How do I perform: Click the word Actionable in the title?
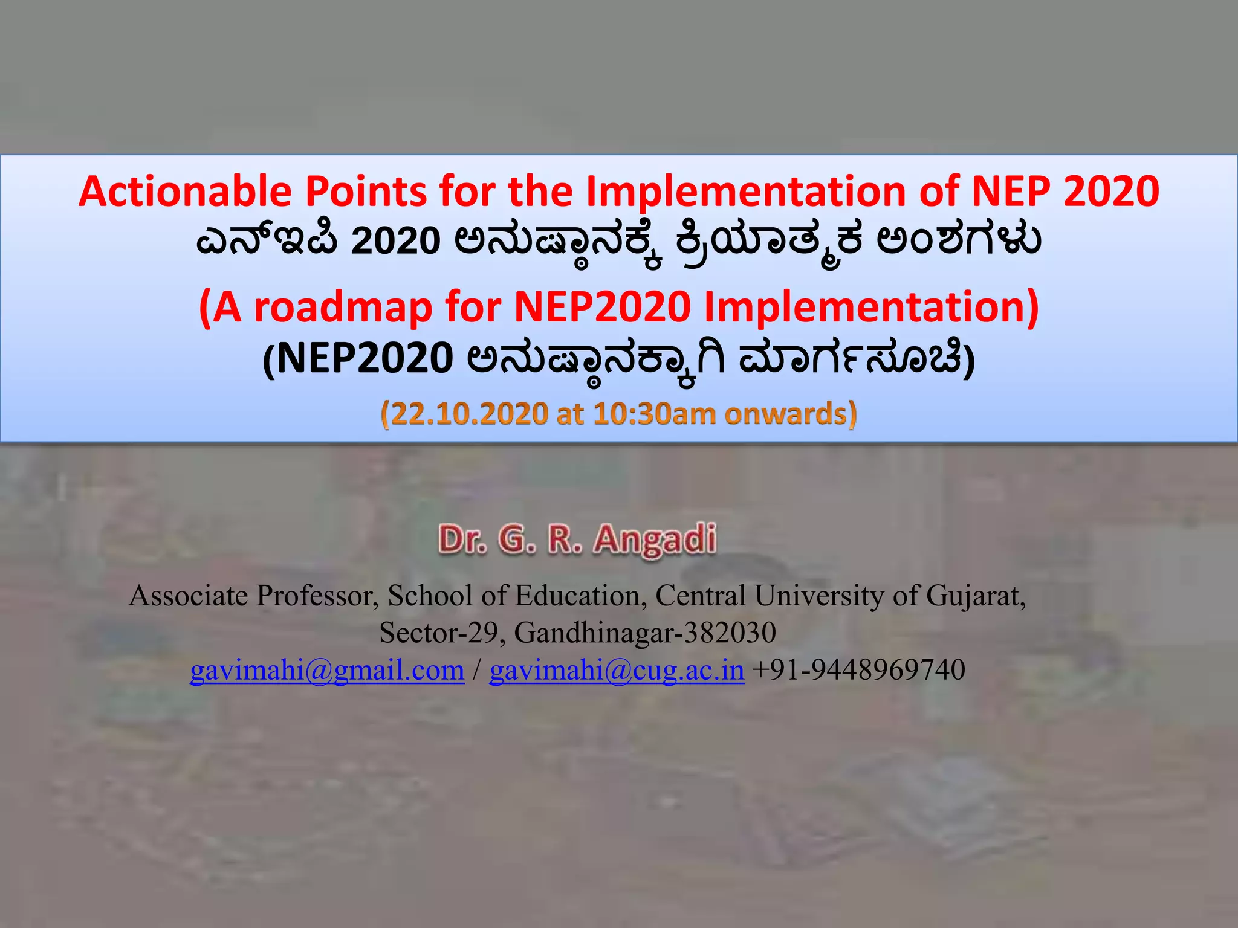pyautogui.click(x=185, y=192)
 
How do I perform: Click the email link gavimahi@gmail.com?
pyautogui.click(x=327, y=670)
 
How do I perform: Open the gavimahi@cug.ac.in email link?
pyautogui.click(x=617, y=670)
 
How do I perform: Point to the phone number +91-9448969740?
pyautogui.click(x=858, y=670)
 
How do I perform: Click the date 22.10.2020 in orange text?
pyautogui.click(x=464, y=414)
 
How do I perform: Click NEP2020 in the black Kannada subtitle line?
pyautogui.click(x=365, y=359)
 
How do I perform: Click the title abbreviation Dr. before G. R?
pyautogui.click(x=463, y=539)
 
